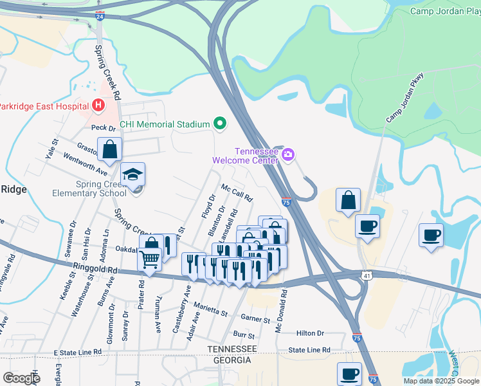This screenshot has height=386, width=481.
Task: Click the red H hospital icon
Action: coord(98,105)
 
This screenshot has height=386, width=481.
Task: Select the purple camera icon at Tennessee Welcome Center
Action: coord(288,154)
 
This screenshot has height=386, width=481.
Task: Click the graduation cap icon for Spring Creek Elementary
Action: coord(132,175)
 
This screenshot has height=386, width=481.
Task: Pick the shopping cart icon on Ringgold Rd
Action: coord(150,260)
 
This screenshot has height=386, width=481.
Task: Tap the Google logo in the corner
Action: coord(21,378)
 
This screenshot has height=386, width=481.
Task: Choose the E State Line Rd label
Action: coord(78,353)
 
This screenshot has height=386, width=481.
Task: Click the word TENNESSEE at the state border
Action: coord(231,349)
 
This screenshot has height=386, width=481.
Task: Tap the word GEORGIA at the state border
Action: coord(228,360)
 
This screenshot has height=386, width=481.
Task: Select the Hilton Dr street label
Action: coord(310,333)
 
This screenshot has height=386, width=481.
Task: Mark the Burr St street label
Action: coord(244,335)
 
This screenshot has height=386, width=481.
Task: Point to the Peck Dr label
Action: coord(102,128)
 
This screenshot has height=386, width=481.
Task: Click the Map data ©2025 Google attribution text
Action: coord(440,381)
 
